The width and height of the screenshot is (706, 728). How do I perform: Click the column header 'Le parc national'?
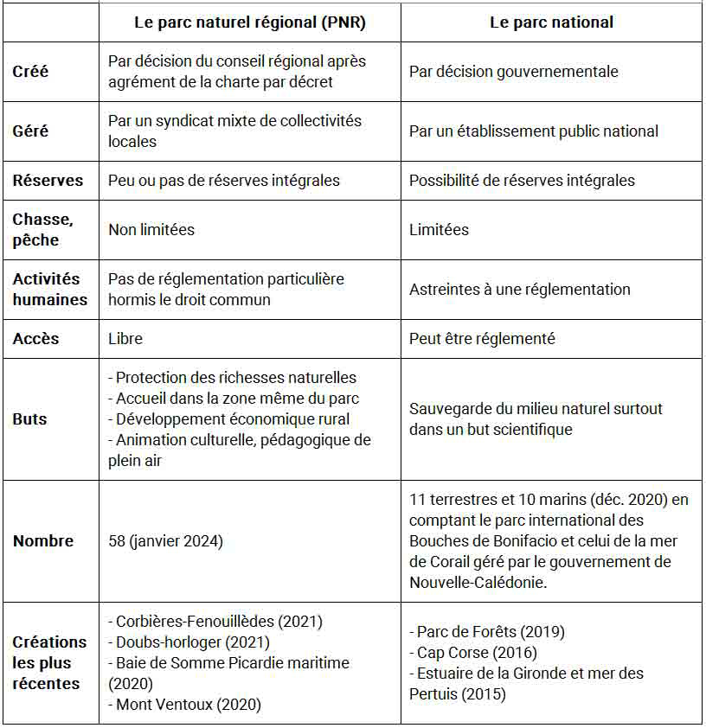pos(551,23)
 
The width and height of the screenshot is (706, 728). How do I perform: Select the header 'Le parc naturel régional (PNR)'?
pos(250,23)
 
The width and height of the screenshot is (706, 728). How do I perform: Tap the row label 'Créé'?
pos(31,72)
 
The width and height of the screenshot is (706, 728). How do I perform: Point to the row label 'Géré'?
pos(31,131)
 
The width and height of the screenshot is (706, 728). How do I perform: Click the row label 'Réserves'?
pos(48,181)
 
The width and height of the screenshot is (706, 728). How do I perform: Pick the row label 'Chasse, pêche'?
pos(43,230)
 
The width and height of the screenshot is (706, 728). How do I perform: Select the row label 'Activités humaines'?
pos(50,290)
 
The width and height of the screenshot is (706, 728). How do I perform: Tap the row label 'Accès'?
pos(35,339)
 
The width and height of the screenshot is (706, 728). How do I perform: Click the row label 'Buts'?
pos(30,419)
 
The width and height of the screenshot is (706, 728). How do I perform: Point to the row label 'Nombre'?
pos(43,541)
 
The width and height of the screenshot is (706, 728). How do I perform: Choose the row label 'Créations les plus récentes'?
pos(50,663)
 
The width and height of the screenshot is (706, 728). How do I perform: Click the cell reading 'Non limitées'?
pos(151,230)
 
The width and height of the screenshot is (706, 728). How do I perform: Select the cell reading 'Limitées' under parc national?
pos(440,230)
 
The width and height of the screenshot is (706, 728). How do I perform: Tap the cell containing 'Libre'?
pos(125,339)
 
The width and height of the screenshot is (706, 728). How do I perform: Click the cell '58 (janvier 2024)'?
pos(165,541)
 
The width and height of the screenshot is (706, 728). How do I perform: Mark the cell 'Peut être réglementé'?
pos(482,339)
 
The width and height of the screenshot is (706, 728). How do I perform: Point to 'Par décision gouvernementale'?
pos(514,72)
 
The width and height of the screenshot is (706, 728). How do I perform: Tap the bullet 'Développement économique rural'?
pos(233,419)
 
